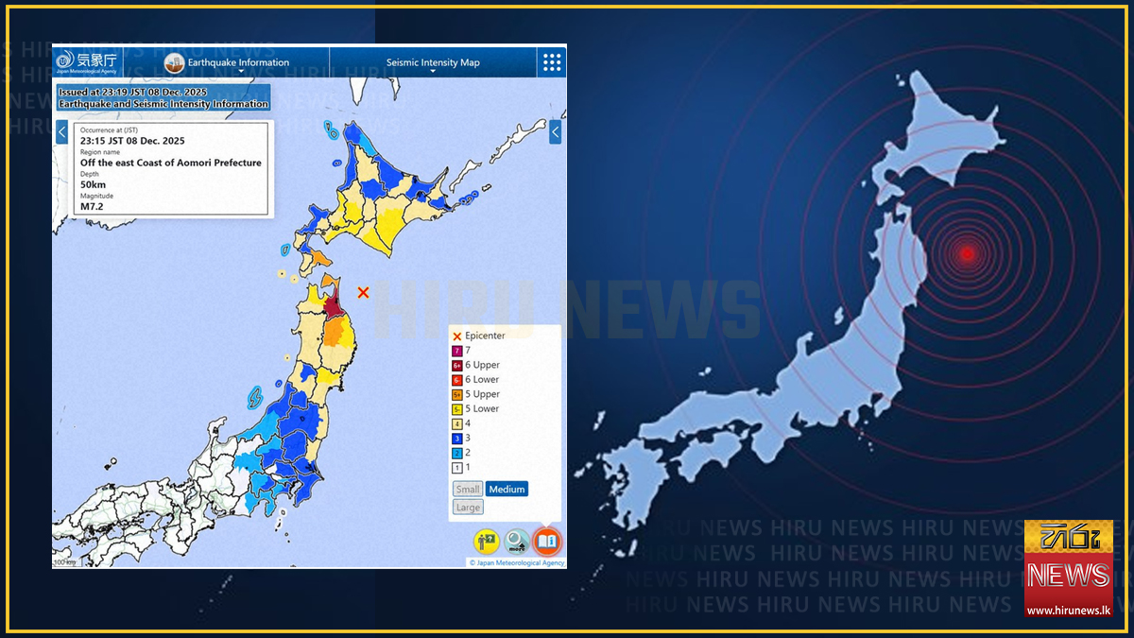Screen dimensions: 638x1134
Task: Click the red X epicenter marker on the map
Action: (363, 293)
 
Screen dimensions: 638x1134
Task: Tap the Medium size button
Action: (507, 489)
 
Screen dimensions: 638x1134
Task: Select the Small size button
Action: (468, 489)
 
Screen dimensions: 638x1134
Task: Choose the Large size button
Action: (468, 508)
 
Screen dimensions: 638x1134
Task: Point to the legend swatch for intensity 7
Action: (457, 351)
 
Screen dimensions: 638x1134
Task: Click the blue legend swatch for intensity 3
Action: (457, 439)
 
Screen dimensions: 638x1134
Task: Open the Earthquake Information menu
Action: (227, 63)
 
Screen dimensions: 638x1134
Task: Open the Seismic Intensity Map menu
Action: (433, 63)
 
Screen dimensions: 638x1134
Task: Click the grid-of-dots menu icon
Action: (552, 62)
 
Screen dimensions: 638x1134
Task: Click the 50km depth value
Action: (93, 184)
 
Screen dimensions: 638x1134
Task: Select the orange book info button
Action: (547, 542)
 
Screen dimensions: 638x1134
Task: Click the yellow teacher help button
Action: (487, 542)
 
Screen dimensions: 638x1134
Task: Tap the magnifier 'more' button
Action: (517, 542)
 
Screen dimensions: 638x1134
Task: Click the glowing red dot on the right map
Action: (966, 252)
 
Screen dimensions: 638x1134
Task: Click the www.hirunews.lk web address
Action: (1069, 611)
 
